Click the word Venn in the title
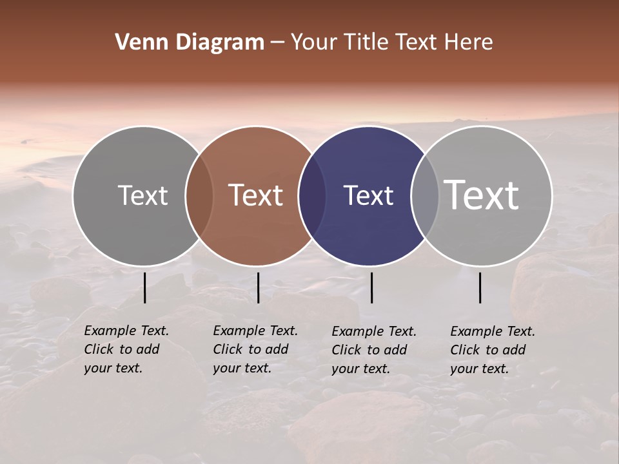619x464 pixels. pyautogui.click(x=138, y=43)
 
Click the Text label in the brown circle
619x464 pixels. pyautogui.click(x=256, y=195)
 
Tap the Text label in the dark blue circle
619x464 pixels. pyautogui.click(x=368, y=195)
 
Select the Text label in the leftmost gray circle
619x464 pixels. pyautogui.click(x=142, y=195)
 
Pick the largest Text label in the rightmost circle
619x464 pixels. pyautogui.click(x=482, y=195)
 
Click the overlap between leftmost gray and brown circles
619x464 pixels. pyautogui.click(x=199, y=196)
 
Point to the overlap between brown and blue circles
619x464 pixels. pyautogui.click(x=312, y=196)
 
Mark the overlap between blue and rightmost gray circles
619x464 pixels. pyautogui.click(x=425, y=196)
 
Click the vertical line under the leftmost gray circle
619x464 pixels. pyautogui.click(x=145, y=287)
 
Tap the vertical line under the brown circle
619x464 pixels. pyautogui.click(x=258, y=287)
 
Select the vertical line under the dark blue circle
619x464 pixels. pyautogui.click(x=371, y=287)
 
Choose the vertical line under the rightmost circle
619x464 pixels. pyautogui.click(x=480, y=287)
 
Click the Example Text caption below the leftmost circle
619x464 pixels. pyautogui.click(x=126, y=349)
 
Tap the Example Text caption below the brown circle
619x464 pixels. pyautogui.click(x=255, y=349)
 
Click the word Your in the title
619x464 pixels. pyautogui.click(x=314, y=43)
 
